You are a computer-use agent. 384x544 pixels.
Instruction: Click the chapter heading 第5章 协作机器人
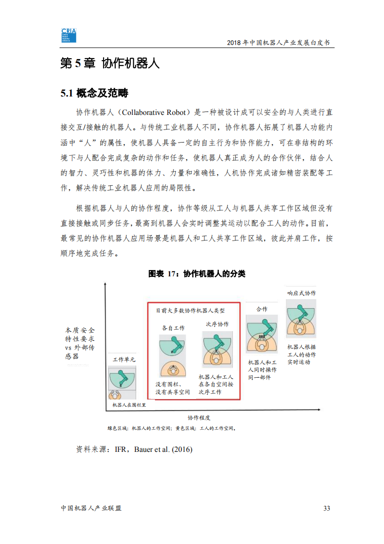(109, 64)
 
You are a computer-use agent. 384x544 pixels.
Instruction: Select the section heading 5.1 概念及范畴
(94, 93)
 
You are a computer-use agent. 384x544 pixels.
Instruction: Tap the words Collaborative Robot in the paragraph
(154, 112)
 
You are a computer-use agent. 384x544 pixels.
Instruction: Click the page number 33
(326, 508)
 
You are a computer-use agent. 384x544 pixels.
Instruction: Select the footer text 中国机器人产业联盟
(91, 508)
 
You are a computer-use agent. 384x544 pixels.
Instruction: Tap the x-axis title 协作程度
(199, 417)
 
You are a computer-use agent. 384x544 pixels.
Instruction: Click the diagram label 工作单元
(124, 359)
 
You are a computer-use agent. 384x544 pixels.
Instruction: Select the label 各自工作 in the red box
(173, 328)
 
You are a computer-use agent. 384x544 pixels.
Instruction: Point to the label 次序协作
(217, 324)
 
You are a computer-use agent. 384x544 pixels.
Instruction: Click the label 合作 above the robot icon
(261, 309)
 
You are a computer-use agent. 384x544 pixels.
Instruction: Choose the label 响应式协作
(301, 293)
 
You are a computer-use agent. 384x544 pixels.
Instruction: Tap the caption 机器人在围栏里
(129, 405)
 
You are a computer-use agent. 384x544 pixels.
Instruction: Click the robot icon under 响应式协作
(301, 319)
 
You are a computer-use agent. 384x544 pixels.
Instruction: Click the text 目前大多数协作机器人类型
(190, 310)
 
